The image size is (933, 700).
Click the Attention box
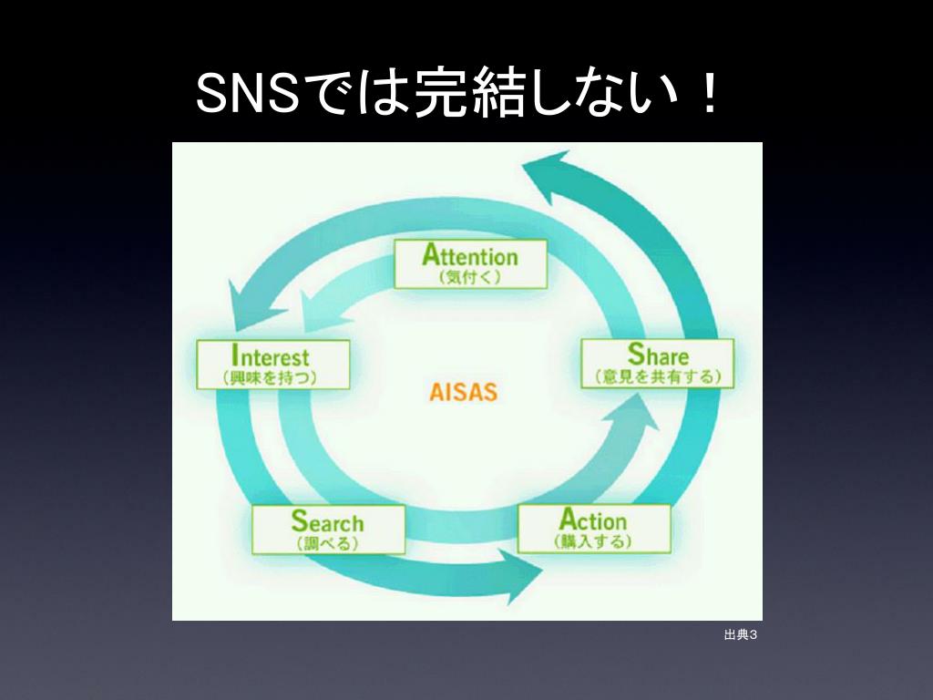pos(470,263)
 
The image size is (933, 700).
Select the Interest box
pos(273,365)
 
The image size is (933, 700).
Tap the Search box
pos(328,530)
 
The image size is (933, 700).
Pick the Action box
pos(594,528)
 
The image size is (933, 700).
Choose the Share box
pos(658,364)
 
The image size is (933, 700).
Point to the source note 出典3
pos(740,634)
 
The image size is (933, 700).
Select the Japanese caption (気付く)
pos(470,276)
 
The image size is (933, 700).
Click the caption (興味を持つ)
pos(272,377)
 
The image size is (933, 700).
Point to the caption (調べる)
pos(328,542)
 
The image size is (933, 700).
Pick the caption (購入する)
pos(594,541)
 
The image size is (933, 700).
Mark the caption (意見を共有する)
pos(658,376)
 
